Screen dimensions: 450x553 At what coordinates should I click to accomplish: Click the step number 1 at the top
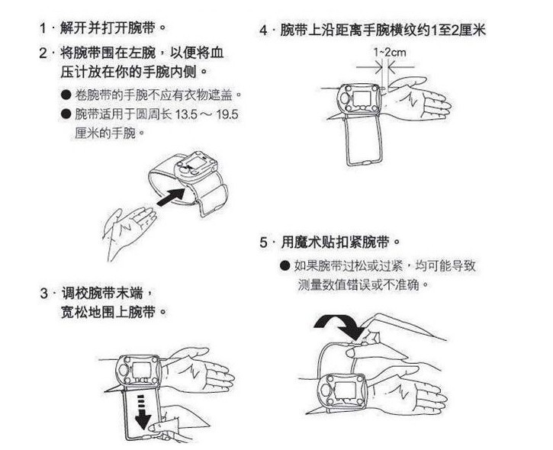(x=43, y=29)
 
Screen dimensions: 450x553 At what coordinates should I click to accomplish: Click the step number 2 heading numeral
(x=43, y=54)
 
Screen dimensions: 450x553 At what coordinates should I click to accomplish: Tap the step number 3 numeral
(x=43, y=294)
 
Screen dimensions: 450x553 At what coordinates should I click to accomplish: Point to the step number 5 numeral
(x=264, y=243)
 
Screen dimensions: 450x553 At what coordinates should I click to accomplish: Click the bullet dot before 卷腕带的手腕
(x=66, y=95)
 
